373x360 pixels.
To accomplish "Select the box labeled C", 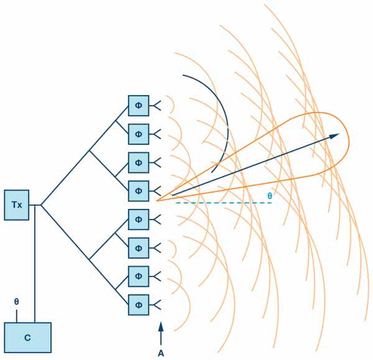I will click(x=28, y=338).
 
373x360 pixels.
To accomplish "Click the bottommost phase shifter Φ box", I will click(x=139, y=305).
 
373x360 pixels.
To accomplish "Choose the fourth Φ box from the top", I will click(x=139, y=191).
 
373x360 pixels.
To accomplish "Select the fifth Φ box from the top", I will click(x=139, y=219).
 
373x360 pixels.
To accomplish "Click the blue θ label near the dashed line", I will click(x=269, y=195).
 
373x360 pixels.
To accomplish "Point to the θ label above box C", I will click(x=17, y=302).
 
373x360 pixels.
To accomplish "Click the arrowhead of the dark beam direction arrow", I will click(x=336, y=135).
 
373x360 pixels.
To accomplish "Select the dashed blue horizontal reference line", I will click(x=218, y=203).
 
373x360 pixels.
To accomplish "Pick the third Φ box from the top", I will click(x=139, y=162).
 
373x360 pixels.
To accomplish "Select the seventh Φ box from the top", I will click(x=139, y=276).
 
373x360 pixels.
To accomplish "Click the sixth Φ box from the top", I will click(x=139, y=247).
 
